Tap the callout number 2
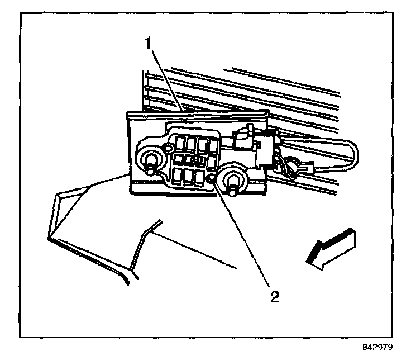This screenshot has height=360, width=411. [274, 297]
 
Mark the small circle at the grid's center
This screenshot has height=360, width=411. [196, 161]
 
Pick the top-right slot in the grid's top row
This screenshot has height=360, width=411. [213, 146]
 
